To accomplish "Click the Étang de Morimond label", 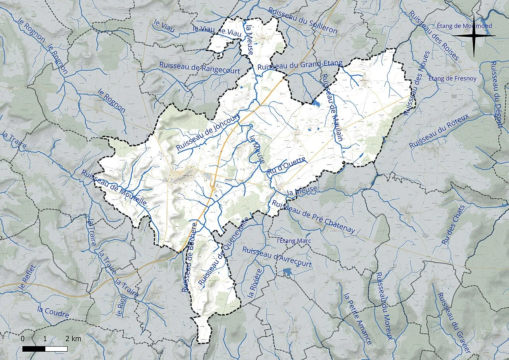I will tap(464, 26).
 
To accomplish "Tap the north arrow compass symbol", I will tap(474, 36).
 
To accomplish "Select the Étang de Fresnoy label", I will tap(452, 78).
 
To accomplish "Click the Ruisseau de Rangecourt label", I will tap(200, 68).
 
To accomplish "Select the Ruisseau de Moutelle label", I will tap(114, 188).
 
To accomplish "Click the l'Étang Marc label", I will tap(293, 241).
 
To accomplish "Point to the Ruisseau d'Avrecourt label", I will tap(277, 257).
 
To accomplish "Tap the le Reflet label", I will tap(29, 280).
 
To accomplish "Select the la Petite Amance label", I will tap(357, 319).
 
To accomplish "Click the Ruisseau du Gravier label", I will tap(454, 323).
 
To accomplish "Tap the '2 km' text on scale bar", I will tap(74, 339).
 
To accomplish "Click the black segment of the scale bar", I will tap(33, 349).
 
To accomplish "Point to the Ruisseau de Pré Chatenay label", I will tap(313, 217).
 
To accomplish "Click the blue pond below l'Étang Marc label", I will tap(287, 272).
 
